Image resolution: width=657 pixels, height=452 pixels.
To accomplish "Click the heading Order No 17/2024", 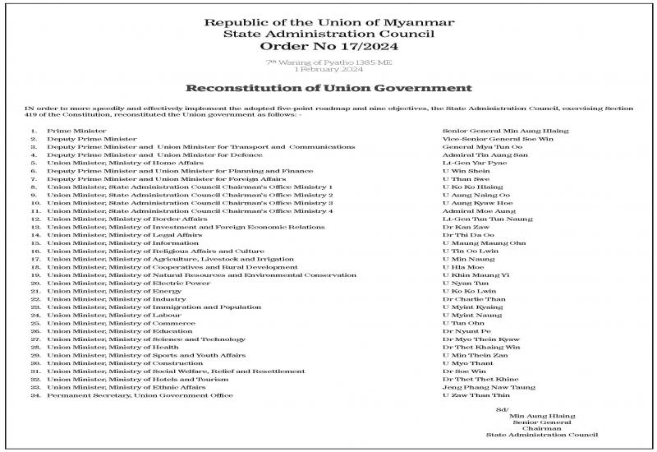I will click(328, 48).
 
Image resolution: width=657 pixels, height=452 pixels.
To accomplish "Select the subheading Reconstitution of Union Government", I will click(328, 87).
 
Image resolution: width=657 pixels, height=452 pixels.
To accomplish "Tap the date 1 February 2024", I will click(328, 69).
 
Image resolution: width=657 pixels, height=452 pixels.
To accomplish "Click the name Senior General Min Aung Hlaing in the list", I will click(505, 131).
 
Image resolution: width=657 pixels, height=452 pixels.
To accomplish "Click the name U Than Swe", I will click(461, 178).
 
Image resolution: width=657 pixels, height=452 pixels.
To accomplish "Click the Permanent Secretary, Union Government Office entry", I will click(140, 395).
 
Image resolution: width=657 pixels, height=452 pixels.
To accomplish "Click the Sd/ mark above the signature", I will click(503, 408).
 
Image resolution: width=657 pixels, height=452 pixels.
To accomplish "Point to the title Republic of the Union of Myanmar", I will click(328, 21).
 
